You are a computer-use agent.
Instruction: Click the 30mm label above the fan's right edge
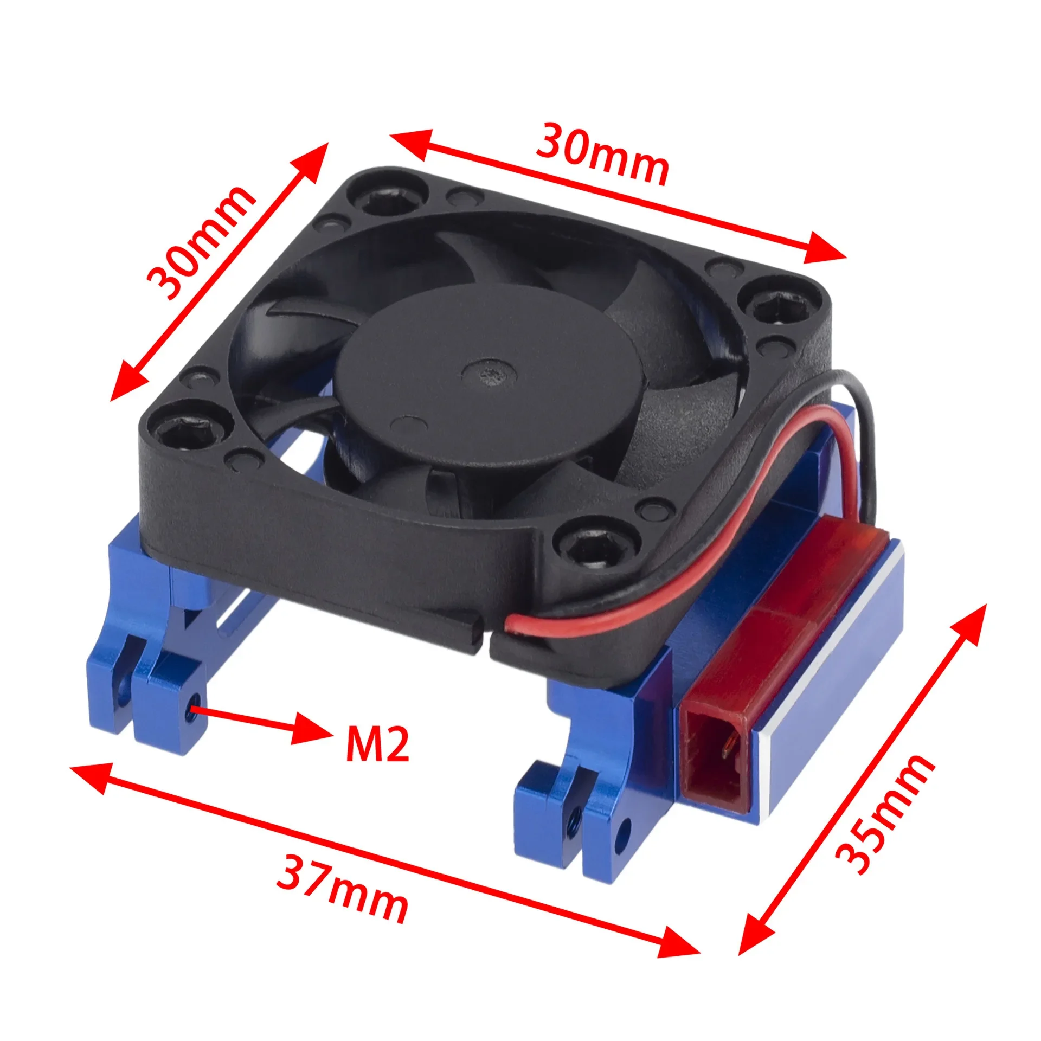602,153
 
